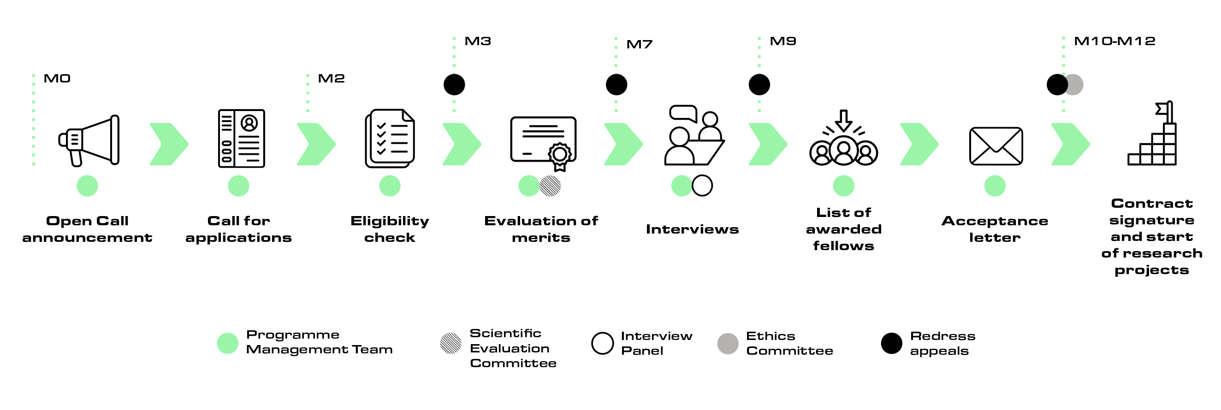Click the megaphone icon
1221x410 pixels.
[x=89, y=141]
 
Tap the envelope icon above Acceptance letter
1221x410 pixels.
[x=996, y=146]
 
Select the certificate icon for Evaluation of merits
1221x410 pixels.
[x=543, y=142]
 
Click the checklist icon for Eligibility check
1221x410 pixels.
[x=390, y=138]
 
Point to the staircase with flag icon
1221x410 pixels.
[x=1152, y=135]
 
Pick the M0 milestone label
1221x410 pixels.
[x=57, y=79]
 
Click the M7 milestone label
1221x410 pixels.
[x=640, y=45]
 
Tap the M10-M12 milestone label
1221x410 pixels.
[x=1114, y=41]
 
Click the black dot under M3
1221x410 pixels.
[x=454, y=85]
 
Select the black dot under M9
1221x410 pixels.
[x=759, y=85]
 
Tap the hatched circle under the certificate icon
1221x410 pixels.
[x=551, y=186]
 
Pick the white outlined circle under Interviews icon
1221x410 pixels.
[x=702, y=186]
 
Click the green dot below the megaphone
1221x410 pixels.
[x=87, y=186]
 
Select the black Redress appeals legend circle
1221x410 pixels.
[x=891, y=343]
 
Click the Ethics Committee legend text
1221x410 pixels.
[x=789, y=343]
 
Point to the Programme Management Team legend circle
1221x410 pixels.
[x=227, y=343]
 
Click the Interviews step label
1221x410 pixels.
[x=692, y=229]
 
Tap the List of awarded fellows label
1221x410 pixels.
[x=843, y=229]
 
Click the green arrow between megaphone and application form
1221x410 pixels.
[x=169, y=144]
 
